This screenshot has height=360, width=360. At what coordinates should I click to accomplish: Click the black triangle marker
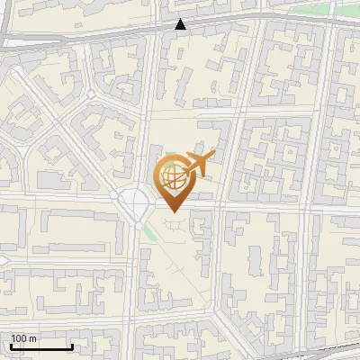click(182, 24)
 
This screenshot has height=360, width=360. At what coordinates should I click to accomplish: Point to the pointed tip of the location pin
click(173, 212)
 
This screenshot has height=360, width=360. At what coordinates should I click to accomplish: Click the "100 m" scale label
click(23, 338)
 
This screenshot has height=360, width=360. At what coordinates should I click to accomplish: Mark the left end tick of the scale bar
click(11, 346)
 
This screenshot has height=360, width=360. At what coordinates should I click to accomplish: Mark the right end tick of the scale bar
click(73, 346)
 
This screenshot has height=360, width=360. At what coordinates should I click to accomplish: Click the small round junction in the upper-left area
click(91, 94)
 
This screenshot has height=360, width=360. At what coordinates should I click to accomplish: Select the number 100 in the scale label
click(19, 338)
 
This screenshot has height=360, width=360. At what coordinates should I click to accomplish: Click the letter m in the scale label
click(32, 338)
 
